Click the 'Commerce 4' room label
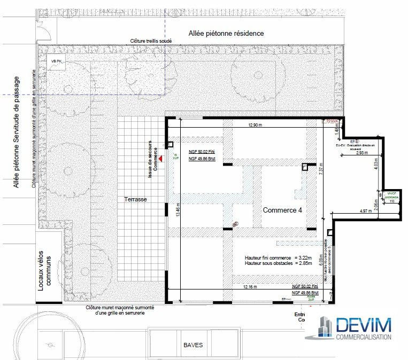282,210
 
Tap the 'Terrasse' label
135,199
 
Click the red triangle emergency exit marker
159,154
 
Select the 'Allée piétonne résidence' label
226,33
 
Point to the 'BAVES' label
193,345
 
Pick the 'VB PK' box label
56,62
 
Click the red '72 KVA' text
332,122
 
